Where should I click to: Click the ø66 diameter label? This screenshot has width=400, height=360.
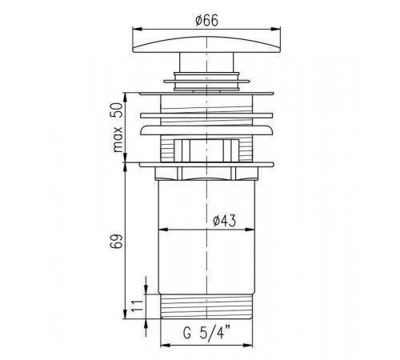[x=206, y=20]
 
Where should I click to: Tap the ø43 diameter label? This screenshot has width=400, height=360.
[x=225, y=221]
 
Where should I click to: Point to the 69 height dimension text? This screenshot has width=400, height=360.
[x=116, y=242]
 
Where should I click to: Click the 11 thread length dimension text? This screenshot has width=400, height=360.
[x=138, y=306]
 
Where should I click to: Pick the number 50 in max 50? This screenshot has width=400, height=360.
[x=117, y=110]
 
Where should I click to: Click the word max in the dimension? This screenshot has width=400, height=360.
[x=118, y=139]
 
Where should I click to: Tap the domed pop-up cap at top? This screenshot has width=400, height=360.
[x=206, y=45]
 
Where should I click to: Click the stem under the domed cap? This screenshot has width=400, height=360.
[x=206, y=62]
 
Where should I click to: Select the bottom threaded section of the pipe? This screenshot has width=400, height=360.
[x=206, y=306]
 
